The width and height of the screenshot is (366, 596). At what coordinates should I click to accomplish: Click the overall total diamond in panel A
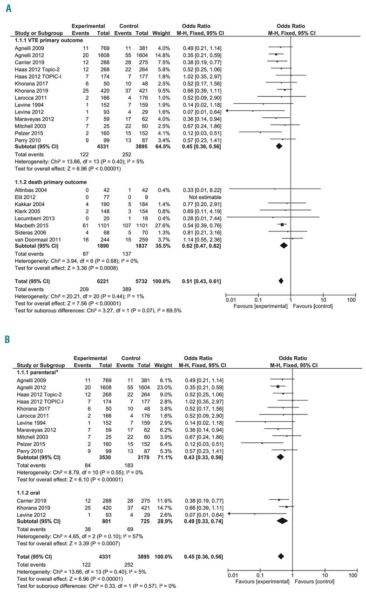(x=281, y=281)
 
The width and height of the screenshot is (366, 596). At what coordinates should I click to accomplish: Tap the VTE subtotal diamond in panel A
(x=279, y=146)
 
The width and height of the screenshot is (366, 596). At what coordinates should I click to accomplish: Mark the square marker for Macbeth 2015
(x=282, y=224)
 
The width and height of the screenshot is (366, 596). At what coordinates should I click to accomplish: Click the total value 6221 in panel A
(x=99, y=281)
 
